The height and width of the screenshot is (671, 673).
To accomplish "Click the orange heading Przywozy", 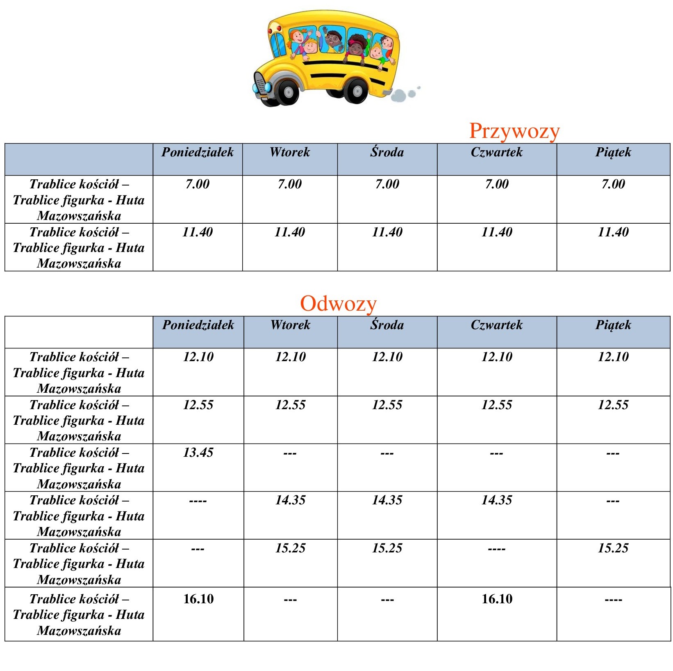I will point(514,131).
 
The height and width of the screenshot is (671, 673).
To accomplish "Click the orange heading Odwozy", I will point(338,304).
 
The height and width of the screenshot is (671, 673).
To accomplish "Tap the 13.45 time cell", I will point(198,453).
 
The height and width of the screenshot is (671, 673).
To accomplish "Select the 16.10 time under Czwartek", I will point(497,599).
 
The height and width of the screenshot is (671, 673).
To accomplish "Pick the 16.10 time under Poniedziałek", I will point(198,599).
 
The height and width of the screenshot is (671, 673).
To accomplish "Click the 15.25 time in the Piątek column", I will point(613,548).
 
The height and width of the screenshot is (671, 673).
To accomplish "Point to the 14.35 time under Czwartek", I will point(497,500).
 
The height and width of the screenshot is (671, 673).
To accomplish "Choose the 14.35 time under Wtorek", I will point(290,500).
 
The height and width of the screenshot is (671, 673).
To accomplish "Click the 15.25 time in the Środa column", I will point(387,548).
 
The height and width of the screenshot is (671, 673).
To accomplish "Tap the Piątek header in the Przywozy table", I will point(613,153).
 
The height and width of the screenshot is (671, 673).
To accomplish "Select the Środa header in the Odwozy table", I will point(387,325).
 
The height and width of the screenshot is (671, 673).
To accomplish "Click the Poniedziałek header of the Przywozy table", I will point(198,153).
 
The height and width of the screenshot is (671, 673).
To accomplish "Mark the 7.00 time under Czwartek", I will point(497,184).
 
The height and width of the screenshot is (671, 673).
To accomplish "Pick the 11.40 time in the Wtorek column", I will point(290,232).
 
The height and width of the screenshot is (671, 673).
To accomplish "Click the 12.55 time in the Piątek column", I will point(613,405).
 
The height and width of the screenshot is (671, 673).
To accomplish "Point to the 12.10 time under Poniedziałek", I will point(198,357).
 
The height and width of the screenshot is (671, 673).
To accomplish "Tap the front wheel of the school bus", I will point(288,92).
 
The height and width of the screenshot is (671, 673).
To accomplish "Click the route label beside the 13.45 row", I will point(79,468).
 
